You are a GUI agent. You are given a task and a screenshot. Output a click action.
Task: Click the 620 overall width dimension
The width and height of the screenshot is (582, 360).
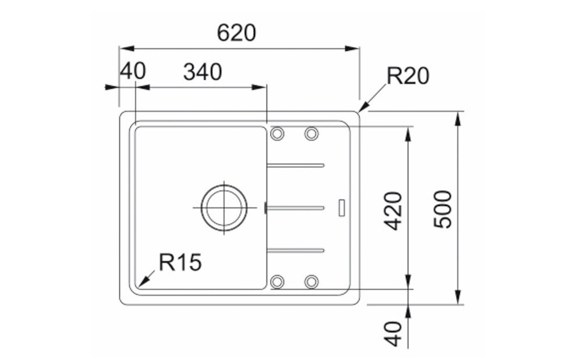236,33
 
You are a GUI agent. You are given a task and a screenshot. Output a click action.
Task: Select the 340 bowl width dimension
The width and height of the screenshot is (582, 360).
203,72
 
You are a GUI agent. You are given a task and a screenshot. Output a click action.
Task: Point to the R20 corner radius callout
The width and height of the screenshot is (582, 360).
408,76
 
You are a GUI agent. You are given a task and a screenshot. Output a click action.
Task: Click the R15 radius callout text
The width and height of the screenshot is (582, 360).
180,262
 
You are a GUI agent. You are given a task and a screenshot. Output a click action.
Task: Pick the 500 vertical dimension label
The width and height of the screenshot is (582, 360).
443,209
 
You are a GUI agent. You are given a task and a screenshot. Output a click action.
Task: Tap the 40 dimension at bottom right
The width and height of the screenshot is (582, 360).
393,334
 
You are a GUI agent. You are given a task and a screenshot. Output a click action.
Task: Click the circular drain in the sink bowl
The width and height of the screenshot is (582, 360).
224,208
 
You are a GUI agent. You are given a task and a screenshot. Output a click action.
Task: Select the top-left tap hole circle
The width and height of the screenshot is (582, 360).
277,133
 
